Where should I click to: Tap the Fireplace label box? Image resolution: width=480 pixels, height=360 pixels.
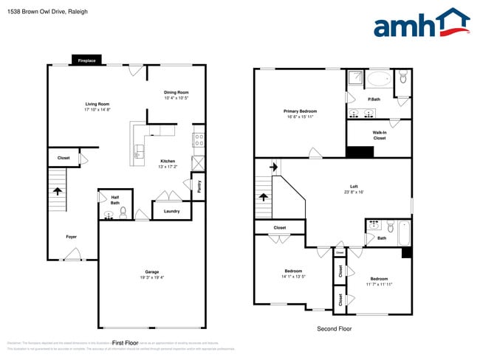86,60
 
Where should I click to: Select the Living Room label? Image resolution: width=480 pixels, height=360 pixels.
97,104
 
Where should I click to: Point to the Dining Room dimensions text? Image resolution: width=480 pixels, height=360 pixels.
176,98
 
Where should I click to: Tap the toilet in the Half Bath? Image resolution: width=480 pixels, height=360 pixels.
123,213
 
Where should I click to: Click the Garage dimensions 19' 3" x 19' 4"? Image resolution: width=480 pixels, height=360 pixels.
152,277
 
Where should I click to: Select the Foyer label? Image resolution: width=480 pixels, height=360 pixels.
71,237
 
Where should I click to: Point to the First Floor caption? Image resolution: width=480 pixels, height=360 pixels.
126,343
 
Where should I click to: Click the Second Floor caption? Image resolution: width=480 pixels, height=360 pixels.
334,328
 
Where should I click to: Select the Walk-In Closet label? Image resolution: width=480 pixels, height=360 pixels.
379,135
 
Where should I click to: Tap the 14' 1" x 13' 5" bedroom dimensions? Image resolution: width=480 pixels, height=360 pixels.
293,277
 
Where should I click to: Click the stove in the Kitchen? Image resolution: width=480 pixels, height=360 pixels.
198,138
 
